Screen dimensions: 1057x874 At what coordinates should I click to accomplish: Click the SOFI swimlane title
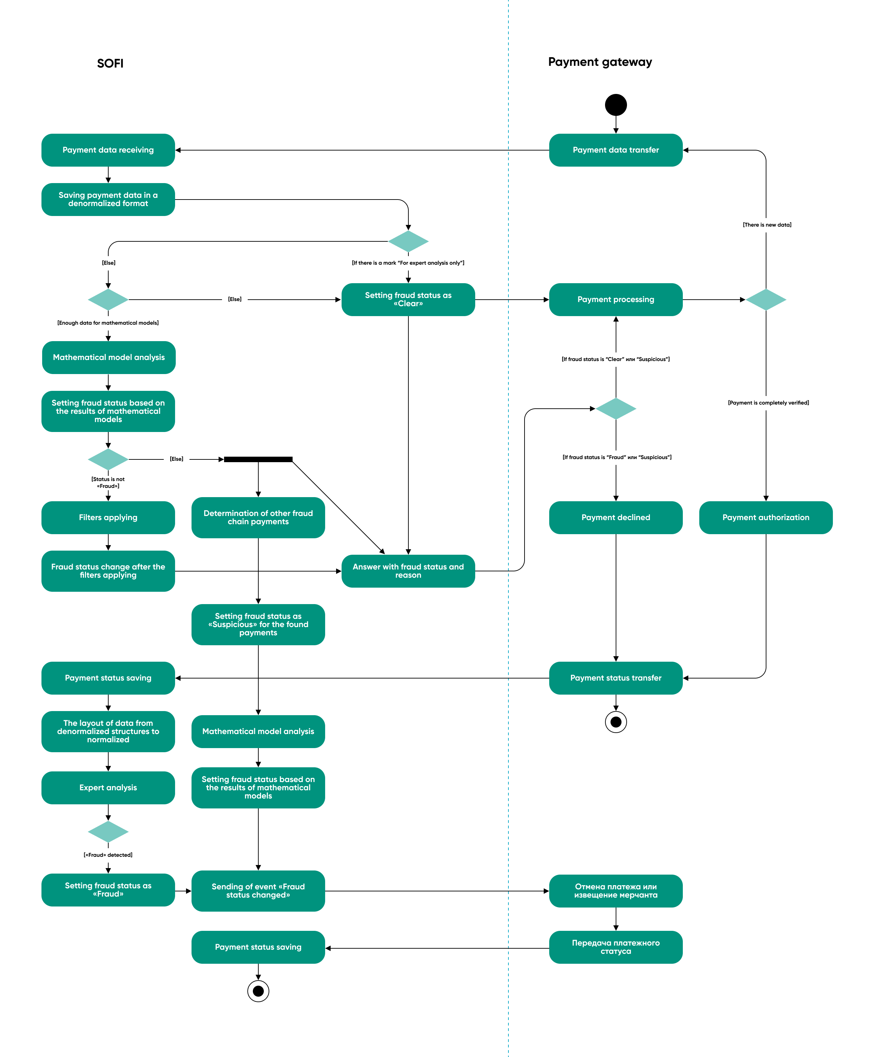click(110, 63)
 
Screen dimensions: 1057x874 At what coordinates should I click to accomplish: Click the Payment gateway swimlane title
click(600, 62)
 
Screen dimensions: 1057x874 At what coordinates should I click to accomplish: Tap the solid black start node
click(616, 105)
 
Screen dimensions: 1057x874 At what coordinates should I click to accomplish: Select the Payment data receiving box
click(108, 150)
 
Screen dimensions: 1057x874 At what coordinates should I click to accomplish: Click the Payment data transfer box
click(616, 150)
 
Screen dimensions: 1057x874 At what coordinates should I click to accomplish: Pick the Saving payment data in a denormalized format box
click(108, 199)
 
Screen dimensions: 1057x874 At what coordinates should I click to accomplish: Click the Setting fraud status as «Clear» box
click(408, 300)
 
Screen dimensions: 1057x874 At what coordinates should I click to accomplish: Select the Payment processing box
click(616, 300)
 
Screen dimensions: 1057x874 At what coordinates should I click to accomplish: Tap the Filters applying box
click(108, 517)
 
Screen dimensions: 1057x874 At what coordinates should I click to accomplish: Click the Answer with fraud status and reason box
click(408, 571)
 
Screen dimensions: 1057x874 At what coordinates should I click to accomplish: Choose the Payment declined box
click(616, 517)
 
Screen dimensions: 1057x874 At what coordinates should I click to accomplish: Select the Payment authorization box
click(765, 517)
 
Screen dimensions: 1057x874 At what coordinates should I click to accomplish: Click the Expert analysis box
click(108, 788)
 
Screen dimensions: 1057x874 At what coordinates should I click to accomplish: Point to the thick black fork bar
click(258, 459)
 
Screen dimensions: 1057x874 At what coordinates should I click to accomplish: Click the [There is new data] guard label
click(767, 225)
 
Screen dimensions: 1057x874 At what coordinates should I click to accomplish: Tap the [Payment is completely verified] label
click(768, 403)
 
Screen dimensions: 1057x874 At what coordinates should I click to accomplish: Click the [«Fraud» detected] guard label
click(108, 855)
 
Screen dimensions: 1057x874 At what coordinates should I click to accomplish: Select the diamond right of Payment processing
click(765, 300)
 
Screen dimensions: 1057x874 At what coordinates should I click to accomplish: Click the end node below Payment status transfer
click(616, 722)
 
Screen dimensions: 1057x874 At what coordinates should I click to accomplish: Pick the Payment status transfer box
click(616, 678)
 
